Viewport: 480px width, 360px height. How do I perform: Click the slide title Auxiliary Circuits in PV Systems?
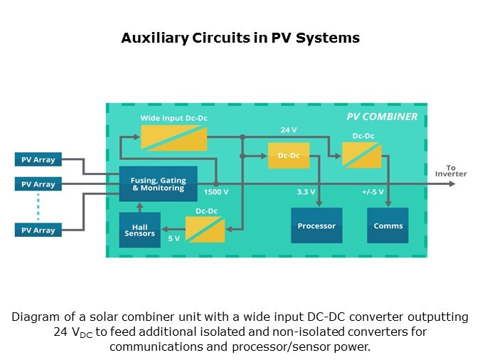[240, 38]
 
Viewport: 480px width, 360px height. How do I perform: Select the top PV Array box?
[38, 159]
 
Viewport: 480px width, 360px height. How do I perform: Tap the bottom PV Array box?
[38, 230]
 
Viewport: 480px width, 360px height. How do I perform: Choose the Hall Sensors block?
[139, 229]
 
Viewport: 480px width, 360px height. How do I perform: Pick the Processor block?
[316, 226]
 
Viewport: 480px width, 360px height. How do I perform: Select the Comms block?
[388, 226]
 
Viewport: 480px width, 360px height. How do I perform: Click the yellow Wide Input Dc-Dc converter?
[174, 137]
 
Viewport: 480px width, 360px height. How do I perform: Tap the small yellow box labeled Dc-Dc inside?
[288, 156]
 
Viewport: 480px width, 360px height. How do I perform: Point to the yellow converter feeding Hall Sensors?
[205, 229]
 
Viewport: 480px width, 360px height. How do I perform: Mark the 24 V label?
[288, 130]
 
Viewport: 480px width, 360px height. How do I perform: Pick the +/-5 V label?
[373, 192]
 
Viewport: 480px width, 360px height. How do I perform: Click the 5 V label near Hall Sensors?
[174, 238]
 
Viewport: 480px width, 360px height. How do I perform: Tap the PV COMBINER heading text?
[381, 117]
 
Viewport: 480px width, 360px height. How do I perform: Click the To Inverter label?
[450, 171]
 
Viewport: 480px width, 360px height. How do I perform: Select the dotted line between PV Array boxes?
[38, 207]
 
